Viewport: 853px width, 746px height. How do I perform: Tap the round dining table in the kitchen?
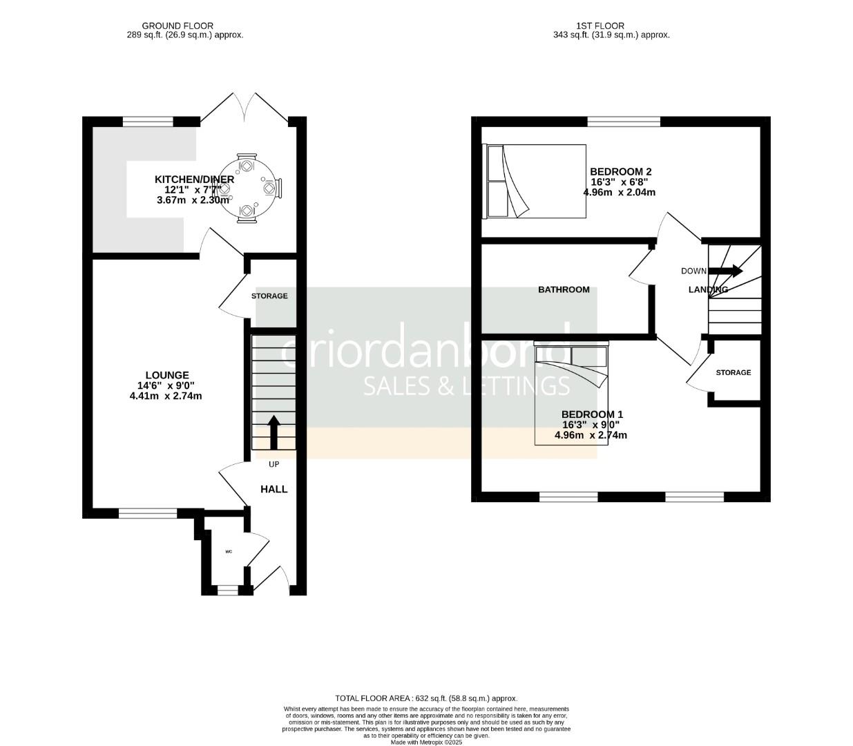click(x=247, y=188)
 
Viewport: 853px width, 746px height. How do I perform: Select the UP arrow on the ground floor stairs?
click(x=274, y=432)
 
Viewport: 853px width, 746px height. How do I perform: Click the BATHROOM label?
click(x=564, y=289)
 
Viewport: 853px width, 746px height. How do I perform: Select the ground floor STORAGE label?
click(x=269, y=296)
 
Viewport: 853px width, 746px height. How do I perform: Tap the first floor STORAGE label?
click(x=733, y=372)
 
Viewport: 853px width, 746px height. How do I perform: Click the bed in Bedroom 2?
click(x=535, y=181)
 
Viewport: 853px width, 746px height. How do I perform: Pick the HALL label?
click(x=274, y=489)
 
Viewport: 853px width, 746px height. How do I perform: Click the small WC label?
click(x=228, y=552)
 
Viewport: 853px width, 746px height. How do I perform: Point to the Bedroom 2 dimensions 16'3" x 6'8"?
click(x=619, y=182)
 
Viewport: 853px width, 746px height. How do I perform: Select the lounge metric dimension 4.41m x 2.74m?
click(x=166, y=396)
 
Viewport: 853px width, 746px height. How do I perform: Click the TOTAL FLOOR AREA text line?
click(x=425, y=698)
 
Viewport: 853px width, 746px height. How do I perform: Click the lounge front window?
click(x=147, y=513)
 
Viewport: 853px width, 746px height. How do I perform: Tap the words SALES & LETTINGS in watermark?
click(x=466, y=386)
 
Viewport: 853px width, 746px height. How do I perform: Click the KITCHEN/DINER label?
click(x=194, y=180)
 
